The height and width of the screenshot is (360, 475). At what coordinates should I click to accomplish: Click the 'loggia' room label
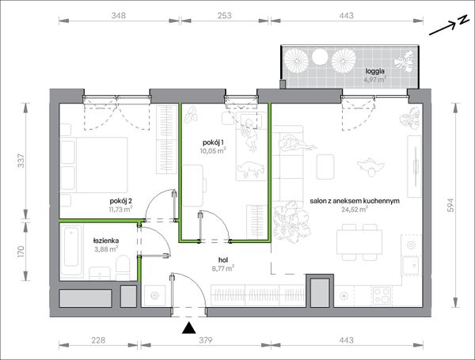click(x=374, y=71)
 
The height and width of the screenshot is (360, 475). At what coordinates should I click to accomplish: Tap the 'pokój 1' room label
click(x=213, y=142)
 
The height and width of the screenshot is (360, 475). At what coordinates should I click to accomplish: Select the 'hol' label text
click(x=223, y=260)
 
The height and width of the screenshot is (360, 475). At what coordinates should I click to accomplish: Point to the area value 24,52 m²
click(x=355, y=209)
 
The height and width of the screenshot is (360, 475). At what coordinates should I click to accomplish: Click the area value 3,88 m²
click(x=106, y=249)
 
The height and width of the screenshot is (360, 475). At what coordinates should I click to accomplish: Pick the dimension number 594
click(x=450, y=205)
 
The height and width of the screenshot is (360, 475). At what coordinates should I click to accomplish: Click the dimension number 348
click(x=118, y=16)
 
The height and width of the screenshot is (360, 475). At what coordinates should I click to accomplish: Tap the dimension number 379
click(x=205, y=340)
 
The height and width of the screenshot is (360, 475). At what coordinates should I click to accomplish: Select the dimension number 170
click(x=21, y=252)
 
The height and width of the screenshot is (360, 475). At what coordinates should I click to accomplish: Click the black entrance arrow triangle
click(x=189, y=328)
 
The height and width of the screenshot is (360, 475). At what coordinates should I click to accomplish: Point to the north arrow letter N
click(x=462, y=20)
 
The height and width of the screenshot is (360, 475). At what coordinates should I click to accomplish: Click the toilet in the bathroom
click(x=123, y=267)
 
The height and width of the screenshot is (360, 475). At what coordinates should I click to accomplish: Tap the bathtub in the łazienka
click(x=71, y=250)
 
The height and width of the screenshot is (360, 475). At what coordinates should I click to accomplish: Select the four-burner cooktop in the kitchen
click(x=382, y=295)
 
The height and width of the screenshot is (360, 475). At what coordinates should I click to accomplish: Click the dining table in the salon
click(x=359, y=242)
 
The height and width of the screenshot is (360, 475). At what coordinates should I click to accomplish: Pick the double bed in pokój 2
click(x=94, y=165)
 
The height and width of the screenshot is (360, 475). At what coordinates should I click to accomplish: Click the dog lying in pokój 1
click(x=251, y=169)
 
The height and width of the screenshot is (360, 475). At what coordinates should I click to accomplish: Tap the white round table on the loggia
click(x=320, y=57)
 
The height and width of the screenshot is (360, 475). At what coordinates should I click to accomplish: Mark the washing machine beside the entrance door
click(x=155, y=295)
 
